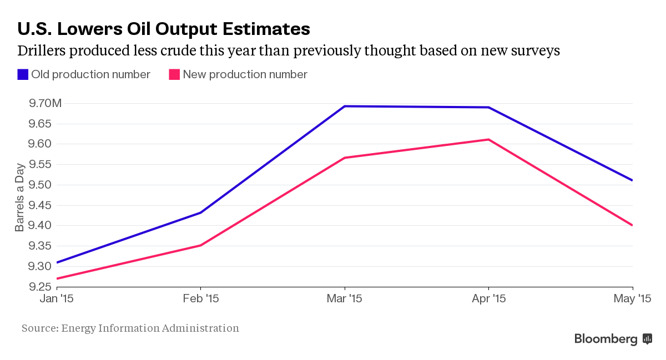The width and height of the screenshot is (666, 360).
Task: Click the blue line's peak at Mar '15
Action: point(345,106)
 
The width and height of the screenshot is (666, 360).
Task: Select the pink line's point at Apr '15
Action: point(488,139)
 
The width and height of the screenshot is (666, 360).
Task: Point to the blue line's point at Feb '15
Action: point(201,212)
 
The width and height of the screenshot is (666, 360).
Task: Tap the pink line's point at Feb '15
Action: point(201,245)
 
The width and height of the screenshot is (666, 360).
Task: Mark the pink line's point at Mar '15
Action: point(345,158)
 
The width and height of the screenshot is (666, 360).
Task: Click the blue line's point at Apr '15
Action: point(488,107)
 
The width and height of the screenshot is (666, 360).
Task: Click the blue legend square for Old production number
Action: point(23,74)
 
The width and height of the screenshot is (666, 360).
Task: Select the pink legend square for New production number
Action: point(174,74)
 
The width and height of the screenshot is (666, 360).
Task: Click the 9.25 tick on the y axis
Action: point(38,287)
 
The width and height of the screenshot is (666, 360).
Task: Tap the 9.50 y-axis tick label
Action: point(38,185)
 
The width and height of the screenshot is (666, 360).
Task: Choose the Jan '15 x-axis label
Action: point(57,299)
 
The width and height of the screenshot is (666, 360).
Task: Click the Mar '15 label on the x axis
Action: point(345,299)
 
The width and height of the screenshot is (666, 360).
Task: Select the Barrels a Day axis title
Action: point(20,197)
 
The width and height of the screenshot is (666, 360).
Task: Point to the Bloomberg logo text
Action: point(606,338)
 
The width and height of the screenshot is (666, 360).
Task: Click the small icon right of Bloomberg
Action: point(647,338)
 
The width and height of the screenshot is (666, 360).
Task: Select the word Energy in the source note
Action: point(78,328)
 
